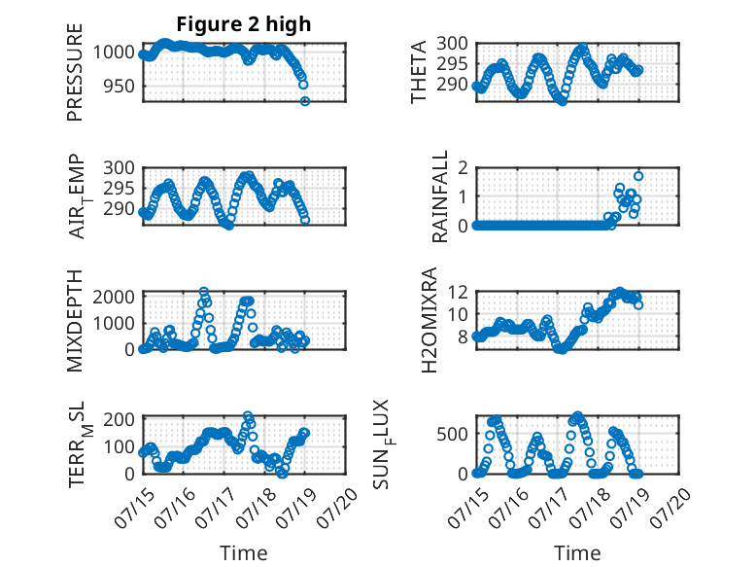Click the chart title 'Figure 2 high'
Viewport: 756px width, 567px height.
pos(244,24)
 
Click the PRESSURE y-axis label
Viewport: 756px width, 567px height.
pos(75,72)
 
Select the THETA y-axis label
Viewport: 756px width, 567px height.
pos(419,72)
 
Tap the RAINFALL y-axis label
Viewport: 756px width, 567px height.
pos(440,196)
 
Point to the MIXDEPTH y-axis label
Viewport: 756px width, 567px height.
pos(75,321)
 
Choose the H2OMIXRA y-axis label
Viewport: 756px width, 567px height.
pos(430,320)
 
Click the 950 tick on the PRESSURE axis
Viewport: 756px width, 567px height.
pos(118,87)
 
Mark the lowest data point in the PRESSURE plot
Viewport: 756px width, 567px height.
pos(305,101)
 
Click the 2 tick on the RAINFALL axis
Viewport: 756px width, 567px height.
pos(464,167)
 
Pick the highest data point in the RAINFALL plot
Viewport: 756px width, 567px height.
pos(638,176)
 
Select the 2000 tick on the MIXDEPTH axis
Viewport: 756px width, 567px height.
pos(114,297)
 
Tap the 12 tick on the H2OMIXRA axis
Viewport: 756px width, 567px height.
pos(458,292)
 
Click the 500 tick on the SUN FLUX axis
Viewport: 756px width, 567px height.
pos(452,434)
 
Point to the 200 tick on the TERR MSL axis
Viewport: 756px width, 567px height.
pos(119,419)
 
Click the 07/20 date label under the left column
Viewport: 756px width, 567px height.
pos(337,508)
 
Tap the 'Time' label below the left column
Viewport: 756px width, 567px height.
pos(244,552)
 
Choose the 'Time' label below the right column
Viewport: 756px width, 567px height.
pos(577,552)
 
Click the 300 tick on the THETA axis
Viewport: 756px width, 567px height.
pos(452,43)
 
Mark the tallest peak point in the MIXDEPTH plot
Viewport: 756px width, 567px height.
pos(204,292)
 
